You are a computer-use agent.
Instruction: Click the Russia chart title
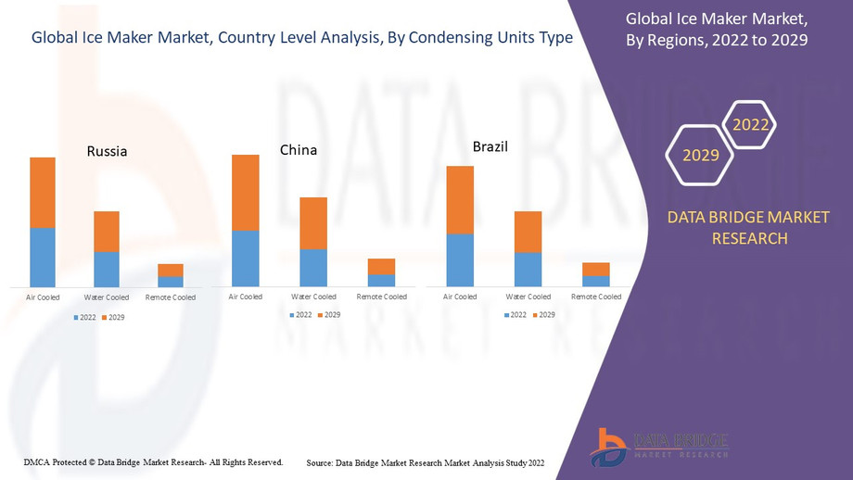point(107,151)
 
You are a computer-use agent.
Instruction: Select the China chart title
point(299,150)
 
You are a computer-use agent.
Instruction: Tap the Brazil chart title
point(490,146)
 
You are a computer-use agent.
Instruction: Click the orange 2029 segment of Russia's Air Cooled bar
point(43,192)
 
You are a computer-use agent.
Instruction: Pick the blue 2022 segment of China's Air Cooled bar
point(246,259)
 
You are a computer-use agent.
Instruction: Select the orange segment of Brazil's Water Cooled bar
point(528,232)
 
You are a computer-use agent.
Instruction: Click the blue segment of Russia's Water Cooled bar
point(107,269)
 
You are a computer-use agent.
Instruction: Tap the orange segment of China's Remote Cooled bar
point(381,266)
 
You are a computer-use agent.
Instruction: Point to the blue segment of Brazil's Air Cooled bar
point(460,259)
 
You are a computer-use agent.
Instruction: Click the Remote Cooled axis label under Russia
point(171,297)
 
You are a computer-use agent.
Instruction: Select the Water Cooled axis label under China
point(313,297)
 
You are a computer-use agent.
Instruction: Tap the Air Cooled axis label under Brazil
point(460,297)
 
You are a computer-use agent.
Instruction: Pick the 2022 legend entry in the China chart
point(299,315)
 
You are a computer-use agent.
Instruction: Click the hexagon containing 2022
point(750,125)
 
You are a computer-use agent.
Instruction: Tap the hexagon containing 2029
point(701,155)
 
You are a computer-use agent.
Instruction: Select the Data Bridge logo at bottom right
point(659,447)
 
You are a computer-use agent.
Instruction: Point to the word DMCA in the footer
point(36,461)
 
